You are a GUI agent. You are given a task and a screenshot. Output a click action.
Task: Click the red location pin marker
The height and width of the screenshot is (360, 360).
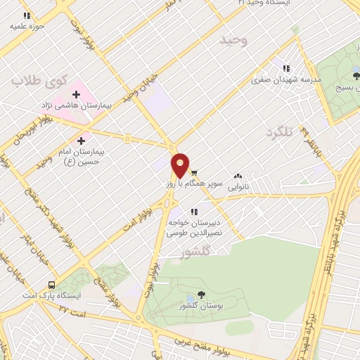(180, 166)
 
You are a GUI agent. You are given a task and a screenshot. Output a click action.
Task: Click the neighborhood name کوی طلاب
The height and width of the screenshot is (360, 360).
(37, 82)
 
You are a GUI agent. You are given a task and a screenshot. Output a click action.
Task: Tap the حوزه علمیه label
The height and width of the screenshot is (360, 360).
(27, 26)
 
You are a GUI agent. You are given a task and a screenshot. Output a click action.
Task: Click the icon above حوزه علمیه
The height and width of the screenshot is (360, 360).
(27, 15)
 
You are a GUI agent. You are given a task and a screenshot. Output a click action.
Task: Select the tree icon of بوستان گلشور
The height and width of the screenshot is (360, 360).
(202, 295)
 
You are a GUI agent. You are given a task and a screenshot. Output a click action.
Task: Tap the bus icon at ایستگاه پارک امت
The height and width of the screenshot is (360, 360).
(51, 285)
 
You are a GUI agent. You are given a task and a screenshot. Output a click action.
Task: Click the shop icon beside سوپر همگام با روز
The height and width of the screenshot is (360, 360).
(194, 171)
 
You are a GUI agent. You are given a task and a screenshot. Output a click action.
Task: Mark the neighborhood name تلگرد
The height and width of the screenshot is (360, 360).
(278, 131)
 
